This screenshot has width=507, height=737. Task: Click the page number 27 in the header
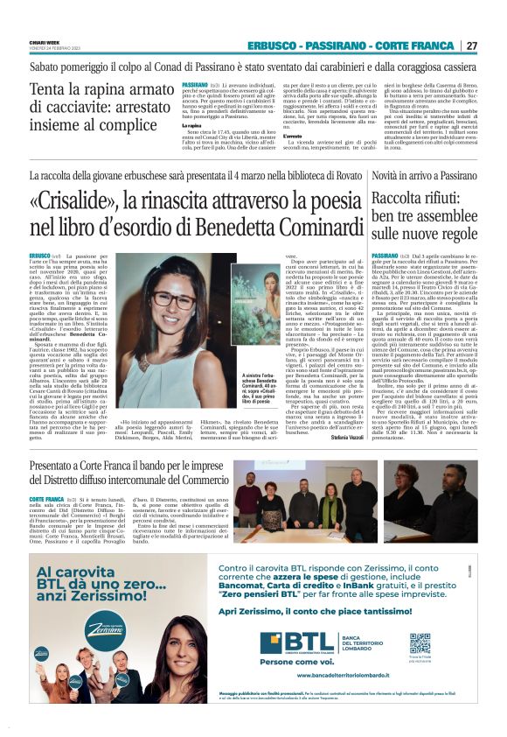pyautogui.click(x=472, y=46)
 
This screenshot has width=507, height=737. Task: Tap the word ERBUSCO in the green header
pyautogui.click(x=273, y=46)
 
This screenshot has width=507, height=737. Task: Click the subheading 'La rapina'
pyautogui.click(x=192, y=126)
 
